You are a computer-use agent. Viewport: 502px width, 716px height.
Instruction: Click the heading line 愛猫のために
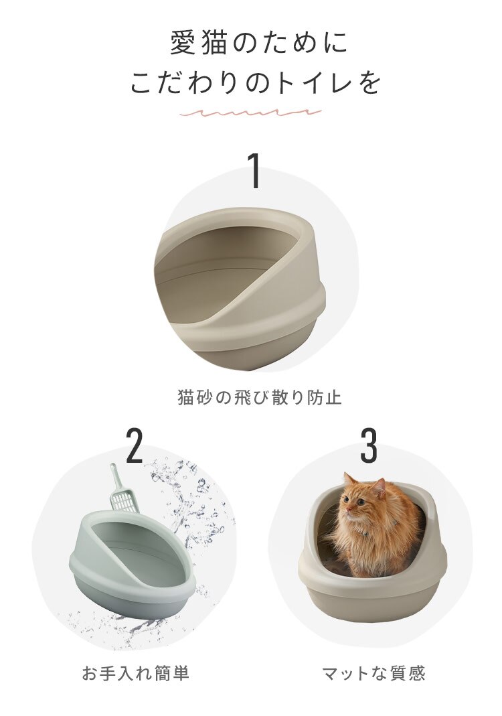(x=258, y=44)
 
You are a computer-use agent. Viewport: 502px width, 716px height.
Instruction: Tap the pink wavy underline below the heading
(x=250, y=113)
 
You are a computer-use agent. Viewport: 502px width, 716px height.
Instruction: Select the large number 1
(x=254, y=171)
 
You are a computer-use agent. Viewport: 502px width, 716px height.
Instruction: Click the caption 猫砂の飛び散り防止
(x=260, y=398)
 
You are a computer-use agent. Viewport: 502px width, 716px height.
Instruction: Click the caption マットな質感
(x=373, y=673)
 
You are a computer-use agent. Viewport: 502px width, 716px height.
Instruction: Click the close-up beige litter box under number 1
(x=241, y=288)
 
